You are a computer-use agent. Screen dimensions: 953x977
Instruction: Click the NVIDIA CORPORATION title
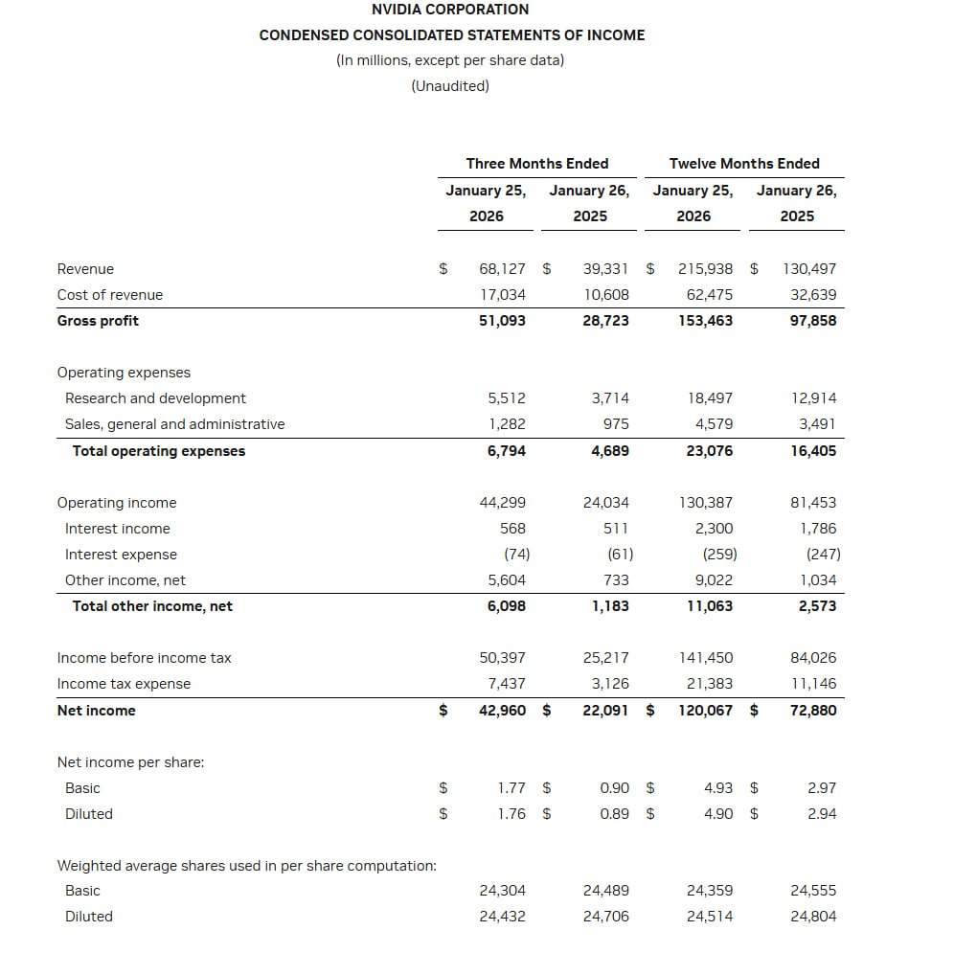[450, 10]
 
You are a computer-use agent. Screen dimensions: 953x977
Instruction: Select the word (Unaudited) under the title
[450, 86]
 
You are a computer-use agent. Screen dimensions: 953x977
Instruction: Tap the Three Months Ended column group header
[537, 164]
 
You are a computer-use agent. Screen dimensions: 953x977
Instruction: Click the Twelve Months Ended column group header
[744, 164]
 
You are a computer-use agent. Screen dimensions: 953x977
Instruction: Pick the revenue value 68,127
[502, 269]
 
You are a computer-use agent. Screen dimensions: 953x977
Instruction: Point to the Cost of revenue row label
[110, 295]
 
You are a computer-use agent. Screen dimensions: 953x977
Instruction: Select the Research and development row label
[155, 398]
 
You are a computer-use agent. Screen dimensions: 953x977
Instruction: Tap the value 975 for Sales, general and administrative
[616, 424]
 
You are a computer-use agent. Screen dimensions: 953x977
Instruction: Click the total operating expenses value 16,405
[813, 451]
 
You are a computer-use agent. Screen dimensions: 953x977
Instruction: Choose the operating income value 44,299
[502, 503]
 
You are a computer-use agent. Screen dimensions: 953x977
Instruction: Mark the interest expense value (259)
[719, 555]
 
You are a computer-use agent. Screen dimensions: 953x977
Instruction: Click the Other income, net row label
[125, 580]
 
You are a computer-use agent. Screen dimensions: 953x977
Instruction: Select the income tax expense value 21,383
[710, 684]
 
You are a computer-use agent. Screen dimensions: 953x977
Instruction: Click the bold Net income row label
[97, 711]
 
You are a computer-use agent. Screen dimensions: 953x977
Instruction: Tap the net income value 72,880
[813, 711]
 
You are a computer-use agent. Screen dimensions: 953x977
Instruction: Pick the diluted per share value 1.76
[511, 814]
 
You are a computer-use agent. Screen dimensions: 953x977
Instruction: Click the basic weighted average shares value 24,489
[606, 891]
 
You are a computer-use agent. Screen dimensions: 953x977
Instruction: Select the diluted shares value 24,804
[813, 917]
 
